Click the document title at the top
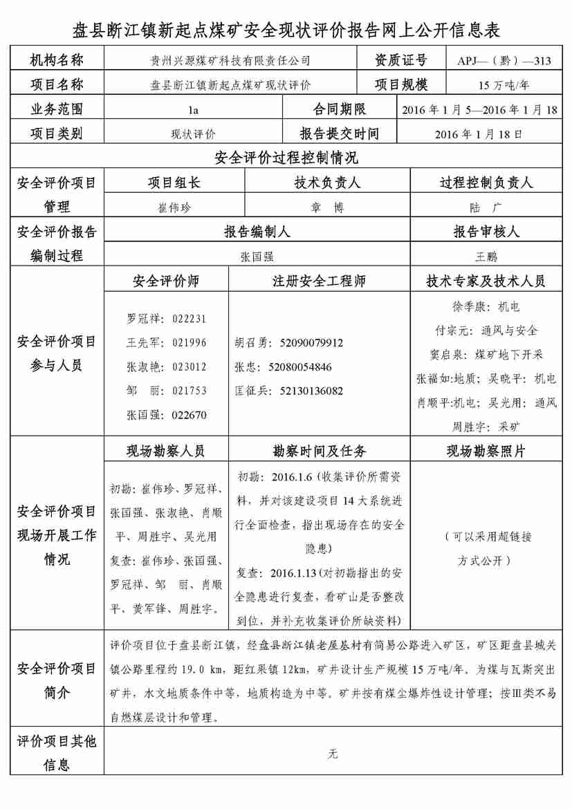[286, 30]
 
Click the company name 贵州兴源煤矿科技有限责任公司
[231, 61]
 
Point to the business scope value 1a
[193, 110]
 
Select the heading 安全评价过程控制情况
[286, 158]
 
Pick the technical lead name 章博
[327, 207]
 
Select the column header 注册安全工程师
[319, 281]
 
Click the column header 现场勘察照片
[486, 452]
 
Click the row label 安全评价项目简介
[57, 680]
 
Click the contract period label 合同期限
[340, 110]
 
